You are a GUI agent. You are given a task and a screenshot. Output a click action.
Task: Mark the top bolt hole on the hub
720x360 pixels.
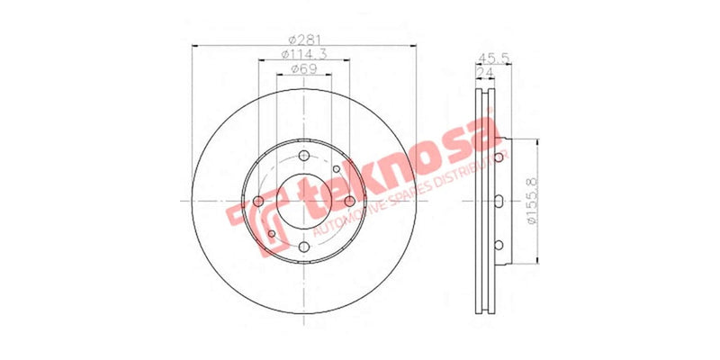[x=304, y=156]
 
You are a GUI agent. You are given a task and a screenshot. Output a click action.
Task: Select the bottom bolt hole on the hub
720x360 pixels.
[x=304, y=247]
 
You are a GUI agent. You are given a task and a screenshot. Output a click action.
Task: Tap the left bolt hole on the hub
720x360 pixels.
[x=259, y=201]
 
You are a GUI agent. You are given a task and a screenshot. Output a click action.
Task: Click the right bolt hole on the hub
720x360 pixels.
[x=349, y=201]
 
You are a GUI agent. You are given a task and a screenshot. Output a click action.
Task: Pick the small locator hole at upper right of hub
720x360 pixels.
[x=336, y=168]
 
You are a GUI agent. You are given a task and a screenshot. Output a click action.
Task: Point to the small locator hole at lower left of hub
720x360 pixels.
[x=272, y=234]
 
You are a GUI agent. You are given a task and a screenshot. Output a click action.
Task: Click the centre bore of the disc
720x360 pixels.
[x=304, y=202]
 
